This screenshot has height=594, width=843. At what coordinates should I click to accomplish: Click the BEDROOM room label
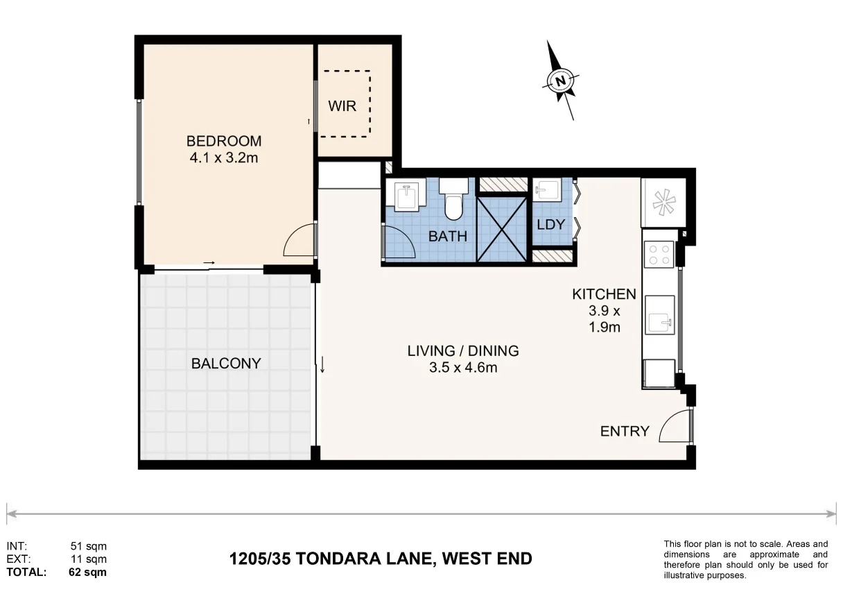pyautogui.click(x=224, y=142)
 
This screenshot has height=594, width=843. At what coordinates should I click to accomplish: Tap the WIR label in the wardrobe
pyautogui.click(x=342, y=106)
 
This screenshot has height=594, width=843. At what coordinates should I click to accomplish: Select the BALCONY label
pyautogui.click(x=226, y=364)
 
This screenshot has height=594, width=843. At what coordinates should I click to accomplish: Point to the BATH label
pyautogui.click(x=448, y=237)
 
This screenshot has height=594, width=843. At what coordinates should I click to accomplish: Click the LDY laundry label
pyautogui.click(x=551, y=225)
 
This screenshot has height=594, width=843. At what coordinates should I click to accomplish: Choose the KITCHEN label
pyautogui.click(x=604, y=294)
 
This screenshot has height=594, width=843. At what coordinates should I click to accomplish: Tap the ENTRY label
pyautogui.click(x=625, y=432)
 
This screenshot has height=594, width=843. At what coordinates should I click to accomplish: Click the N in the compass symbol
pyautogui.click(x=560, y=81)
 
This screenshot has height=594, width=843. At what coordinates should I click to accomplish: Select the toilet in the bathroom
pyautogui.click(x=453, y=199)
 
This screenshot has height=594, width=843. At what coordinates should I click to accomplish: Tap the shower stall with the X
pyautogui.click(x=502, y=229)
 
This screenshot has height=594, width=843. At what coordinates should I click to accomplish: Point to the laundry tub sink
pyautogui.click(x=548, y=189)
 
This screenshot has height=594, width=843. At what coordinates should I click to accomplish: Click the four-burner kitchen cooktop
pyautogui.click(x=659, y=254)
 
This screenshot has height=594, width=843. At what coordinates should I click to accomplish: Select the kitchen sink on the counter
pyautogui.click(x=659, y=315)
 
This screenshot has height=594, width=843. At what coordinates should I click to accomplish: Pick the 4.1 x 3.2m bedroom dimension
pyautogui.click(x=224, y=158)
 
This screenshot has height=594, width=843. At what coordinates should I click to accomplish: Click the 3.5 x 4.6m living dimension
pyautogui.click(x=463, y=367)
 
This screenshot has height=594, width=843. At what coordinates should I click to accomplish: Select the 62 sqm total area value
pyautogui.click(x=87, y=572)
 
